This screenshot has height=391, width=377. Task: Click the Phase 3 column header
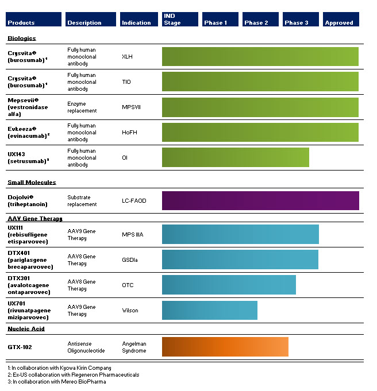coord(301,20)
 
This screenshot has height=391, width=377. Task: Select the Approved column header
coord(341,20)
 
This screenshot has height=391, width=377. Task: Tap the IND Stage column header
coord(180,20)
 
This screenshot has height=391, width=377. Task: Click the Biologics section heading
coord(21,38)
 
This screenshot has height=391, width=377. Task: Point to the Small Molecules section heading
coord(32,183)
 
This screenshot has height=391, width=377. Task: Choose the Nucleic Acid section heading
coord(26,329)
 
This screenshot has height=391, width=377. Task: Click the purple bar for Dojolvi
coord(260,200)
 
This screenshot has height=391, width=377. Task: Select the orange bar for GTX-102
coord(225,347)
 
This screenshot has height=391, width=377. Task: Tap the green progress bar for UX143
coord(236,157)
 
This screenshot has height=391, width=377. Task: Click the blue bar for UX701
coord(210,310)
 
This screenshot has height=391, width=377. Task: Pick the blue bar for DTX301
coord(229,285)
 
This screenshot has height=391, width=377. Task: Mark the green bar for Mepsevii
coord(260,107)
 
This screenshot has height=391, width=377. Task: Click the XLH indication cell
coord(127,57)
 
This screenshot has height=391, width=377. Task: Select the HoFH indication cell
coord(129,133)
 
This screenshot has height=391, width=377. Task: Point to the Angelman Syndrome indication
coord(134,347)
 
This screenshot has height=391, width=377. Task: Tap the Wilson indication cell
coord(130,311)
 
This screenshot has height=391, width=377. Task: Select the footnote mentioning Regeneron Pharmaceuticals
coord(74,374)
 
